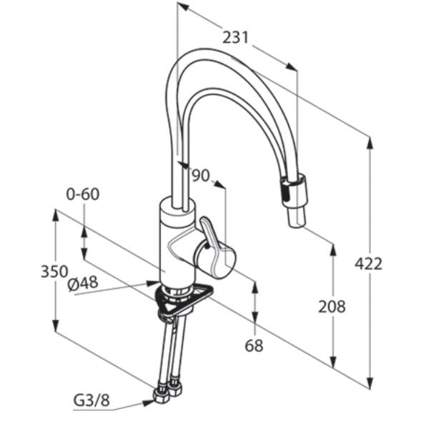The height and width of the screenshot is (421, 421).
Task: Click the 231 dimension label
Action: pyautogui.click(x=236, y=37)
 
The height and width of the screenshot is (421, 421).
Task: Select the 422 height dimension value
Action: pyautogui.click(x=368, y=264)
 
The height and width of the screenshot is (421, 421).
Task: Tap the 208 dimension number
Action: pyautogui.click(x=332, y=307)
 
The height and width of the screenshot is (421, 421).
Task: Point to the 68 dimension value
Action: pyautogui.click(x=254, y=345)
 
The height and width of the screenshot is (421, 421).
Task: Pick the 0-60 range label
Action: pyautogui.click(x=83, y=194)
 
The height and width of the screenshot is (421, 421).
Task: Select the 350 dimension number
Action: pyautogui.click(x=54, y=271)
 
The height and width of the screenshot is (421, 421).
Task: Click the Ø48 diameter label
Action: pyautogui.click(x=83, y=284)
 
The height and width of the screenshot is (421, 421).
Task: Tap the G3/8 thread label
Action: pyautogui.click(x=91, y=401)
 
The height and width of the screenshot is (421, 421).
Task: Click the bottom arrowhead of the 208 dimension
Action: pyautogui.click(x=333, y=362)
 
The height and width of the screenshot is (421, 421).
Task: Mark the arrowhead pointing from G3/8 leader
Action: pyautogui.click(x=149, y=402)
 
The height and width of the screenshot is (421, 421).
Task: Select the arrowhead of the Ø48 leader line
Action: pyautogui.click(x=153, y=282)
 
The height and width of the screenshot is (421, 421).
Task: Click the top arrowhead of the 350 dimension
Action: pyautogui.click(x=56, y=216)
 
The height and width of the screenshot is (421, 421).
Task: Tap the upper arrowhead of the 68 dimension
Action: pyautogui.click(x=255, y=288)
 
